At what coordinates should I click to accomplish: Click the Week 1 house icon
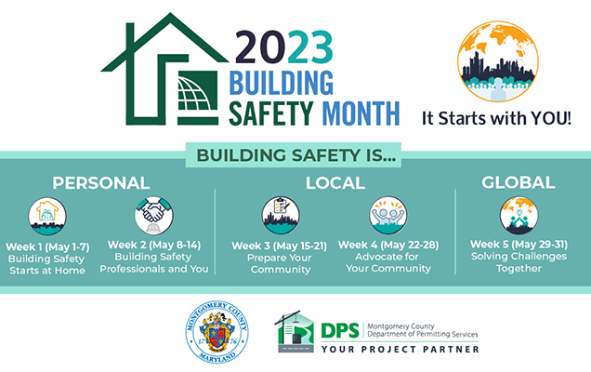click(x=46, y=216)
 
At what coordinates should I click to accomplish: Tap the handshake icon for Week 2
click(x=152, y=216)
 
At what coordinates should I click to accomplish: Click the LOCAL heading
click(x=334, y=182)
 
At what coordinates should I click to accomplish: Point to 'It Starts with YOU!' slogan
click(x=497, y=119)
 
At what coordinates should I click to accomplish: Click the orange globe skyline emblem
click(x=496, y=60)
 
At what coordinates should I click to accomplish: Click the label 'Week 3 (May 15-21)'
click(x=279, y=245)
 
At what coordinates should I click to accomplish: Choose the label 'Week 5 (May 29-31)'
click(x=518, y=245)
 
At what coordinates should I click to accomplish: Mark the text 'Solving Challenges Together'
click(x=518, y=262)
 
